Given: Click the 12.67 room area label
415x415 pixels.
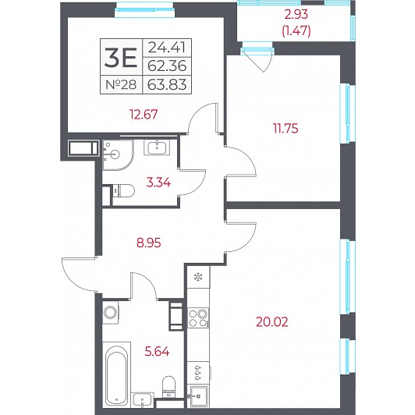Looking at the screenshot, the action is point(144,115).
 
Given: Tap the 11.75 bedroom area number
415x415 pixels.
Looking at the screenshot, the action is point(286,129).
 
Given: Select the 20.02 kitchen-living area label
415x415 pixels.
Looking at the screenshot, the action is point(272,322).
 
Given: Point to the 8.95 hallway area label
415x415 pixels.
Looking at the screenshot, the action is point(149,243).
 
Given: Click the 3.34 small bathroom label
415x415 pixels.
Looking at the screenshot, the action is point(158,183).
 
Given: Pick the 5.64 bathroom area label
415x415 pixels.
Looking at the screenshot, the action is point(158,352).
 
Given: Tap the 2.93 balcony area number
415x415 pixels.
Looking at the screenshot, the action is point(296,14).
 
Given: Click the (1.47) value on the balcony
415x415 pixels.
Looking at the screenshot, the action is point(296,31).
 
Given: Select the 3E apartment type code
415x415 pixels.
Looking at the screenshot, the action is point(121,58).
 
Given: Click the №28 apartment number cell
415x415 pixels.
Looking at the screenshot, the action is point(121,85).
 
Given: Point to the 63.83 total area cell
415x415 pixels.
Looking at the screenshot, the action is point(167,85).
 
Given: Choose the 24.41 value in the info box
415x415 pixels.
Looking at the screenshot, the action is point(167,48).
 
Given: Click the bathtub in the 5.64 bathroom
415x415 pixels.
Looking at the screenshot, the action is point(116,374).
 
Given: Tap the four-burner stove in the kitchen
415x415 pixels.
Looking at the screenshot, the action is point(198,317).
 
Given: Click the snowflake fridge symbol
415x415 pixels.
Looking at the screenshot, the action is point(198,277).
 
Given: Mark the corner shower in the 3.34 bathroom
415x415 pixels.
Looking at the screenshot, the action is point(118,155).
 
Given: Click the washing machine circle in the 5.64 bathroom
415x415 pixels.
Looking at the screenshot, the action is point(110,312).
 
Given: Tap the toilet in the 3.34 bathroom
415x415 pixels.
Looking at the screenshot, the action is point(124,190).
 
